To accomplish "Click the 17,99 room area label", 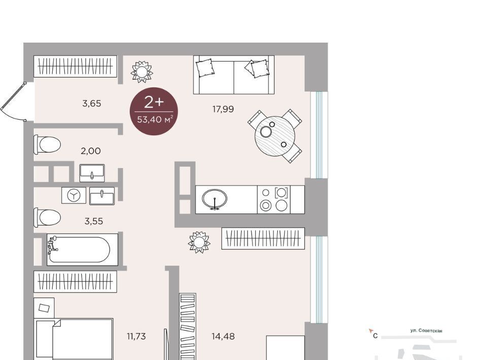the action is (223, 109).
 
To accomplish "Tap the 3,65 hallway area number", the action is (92, 103).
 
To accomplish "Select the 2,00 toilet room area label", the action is (91, 151).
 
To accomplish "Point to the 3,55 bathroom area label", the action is (94, 221).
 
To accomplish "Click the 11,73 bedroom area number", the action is (136, 336).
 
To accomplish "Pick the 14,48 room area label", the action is (223, 336).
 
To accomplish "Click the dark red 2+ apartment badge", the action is (154, 111).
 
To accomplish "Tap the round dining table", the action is (275, 136).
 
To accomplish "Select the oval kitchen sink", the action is (214, 199).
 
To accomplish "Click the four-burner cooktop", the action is (273, 200).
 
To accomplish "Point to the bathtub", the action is (82, 249).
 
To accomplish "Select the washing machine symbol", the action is (74, 195).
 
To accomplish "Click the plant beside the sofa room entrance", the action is (142, 72).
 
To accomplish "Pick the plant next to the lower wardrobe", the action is (199, 242).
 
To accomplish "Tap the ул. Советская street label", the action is (426, 331).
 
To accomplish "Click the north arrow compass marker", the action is (370, 331).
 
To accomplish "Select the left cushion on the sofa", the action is (205, 68).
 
